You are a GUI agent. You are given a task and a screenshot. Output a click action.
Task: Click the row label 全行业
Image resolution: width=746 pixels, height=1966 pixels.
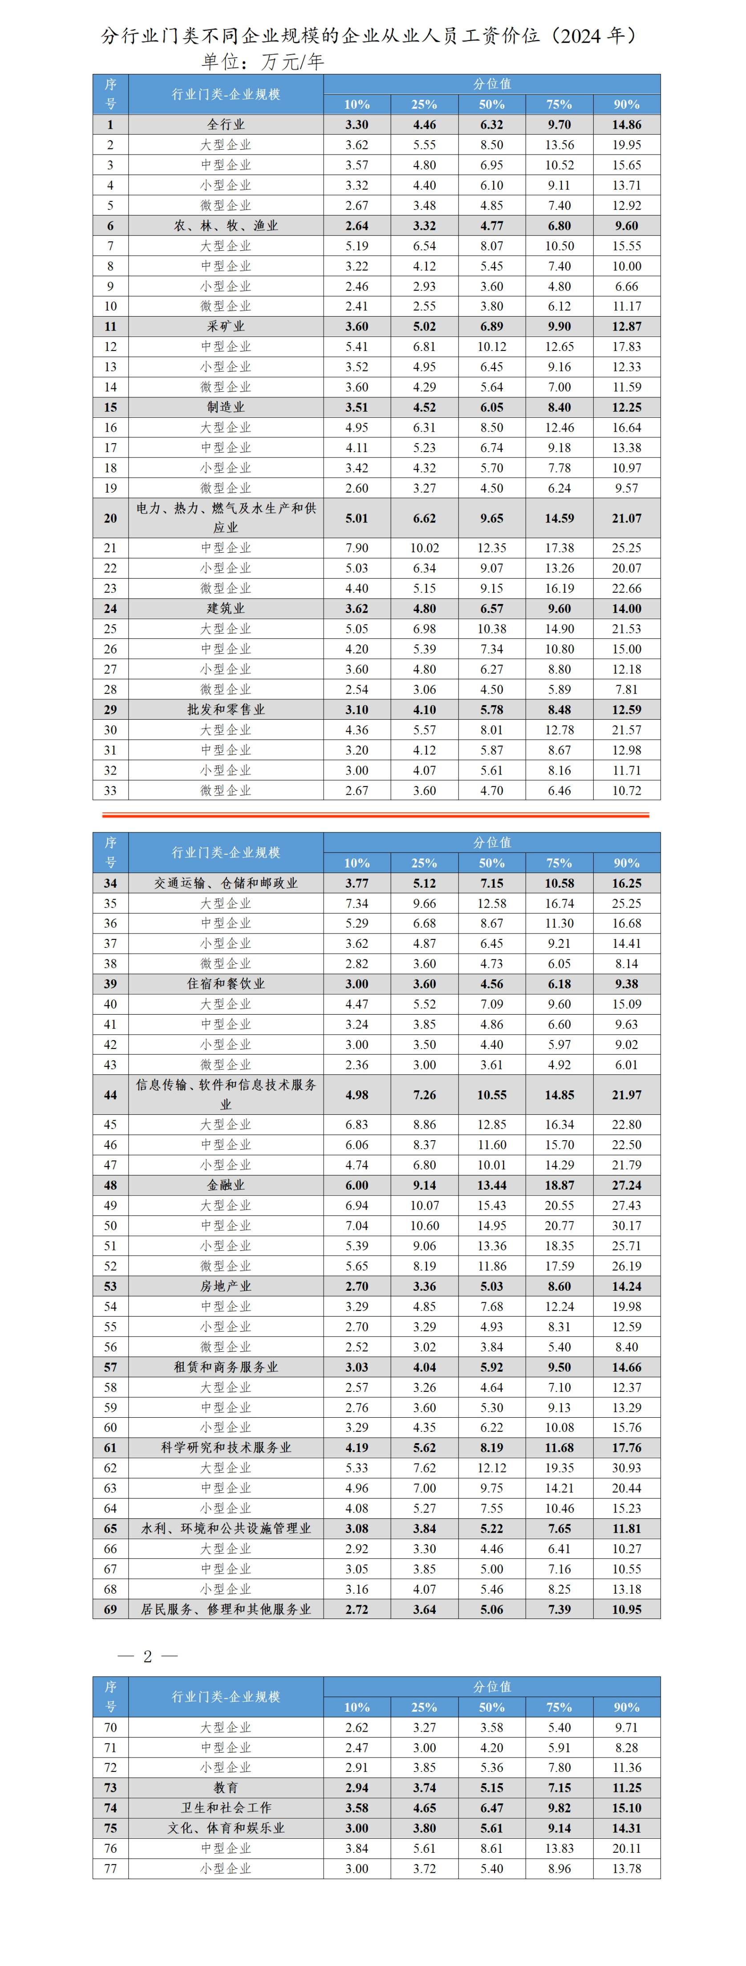(226, 124)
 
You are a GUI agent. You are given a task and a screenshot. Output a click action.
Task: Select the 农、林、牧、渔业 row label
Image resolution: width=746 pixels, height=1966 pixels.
(226, 226)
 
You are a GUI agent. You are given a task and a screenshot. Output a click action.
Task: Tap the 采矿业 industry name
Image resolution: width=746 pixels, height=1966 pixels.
(226, 326)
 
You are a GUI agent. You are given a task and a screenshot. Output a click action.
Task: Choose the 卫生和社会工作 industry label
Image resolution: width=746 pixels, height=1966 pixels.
(226, 1808)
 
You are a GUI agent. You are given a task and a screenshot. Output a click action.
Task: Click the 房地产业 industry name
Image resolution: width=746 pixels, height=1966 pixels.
(226, 1286)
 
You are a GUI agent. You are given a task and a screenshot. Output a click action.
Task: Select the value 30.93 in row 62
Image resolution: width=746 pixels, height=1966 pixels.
(626, 1468)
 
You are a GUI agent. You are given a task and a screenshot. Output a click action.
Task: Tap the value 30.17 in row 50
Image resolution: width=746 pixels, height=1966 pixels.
(626, 1226)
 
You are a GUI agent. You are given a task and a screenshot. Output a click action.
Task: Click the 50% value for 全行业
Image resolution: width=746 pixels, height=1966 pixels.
(491, 124)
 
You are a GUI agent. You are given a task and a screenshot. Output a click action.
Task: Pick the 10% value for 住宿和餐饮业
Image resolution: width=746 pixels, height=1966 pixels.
(356, 984)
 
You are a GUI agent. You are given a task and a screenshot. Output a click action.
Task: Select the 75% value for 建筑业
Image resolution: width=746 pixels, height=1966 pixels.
(559, 608)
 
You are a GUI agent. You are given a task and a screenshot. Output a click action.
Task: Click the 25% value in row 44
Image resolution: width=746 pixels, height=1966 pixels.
(424, 1094)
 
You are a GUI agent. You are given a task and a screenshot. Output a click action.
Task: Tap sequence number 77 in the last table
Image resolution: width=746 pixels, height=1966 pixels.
(110, 1869)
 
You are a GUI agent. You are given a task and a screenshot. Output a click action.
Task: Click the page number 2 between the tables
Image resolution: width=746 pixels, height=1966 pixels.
(147, 1656)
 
